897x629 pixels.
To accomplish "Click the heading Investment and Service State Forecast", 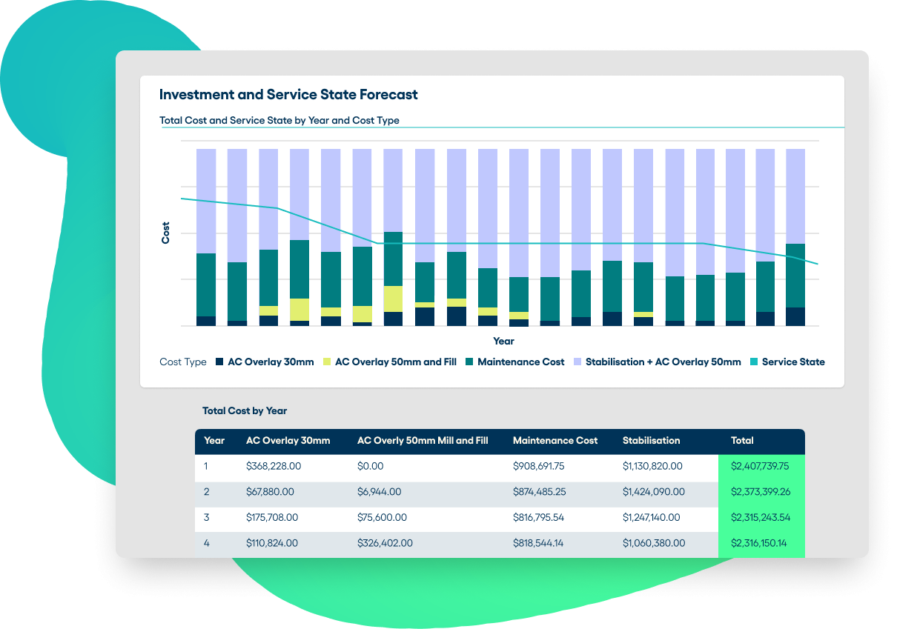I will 288,95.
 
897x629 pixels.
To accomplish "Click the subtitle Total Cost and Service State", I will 279,120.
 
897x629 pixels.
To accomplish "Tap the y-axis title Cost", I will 166,233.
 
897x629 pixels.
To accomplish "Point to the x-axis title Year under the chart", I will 503,342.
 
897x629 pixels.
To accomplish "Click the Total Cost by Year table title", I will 245,410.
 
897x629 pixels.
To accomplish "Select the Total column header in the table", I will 742,440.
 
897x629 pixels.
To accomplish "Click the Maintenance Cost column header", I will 555,440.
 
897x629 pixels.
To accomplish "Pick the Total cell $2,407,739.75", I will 760,467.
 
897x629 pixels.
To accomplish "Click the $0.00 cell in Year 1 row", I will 371,467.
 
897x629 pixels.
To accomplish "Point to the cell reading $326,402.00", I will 385,543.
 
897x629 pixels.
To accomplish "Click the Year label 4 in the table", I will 207,543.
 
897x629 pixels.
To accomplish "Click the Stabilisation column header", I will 651,440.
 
